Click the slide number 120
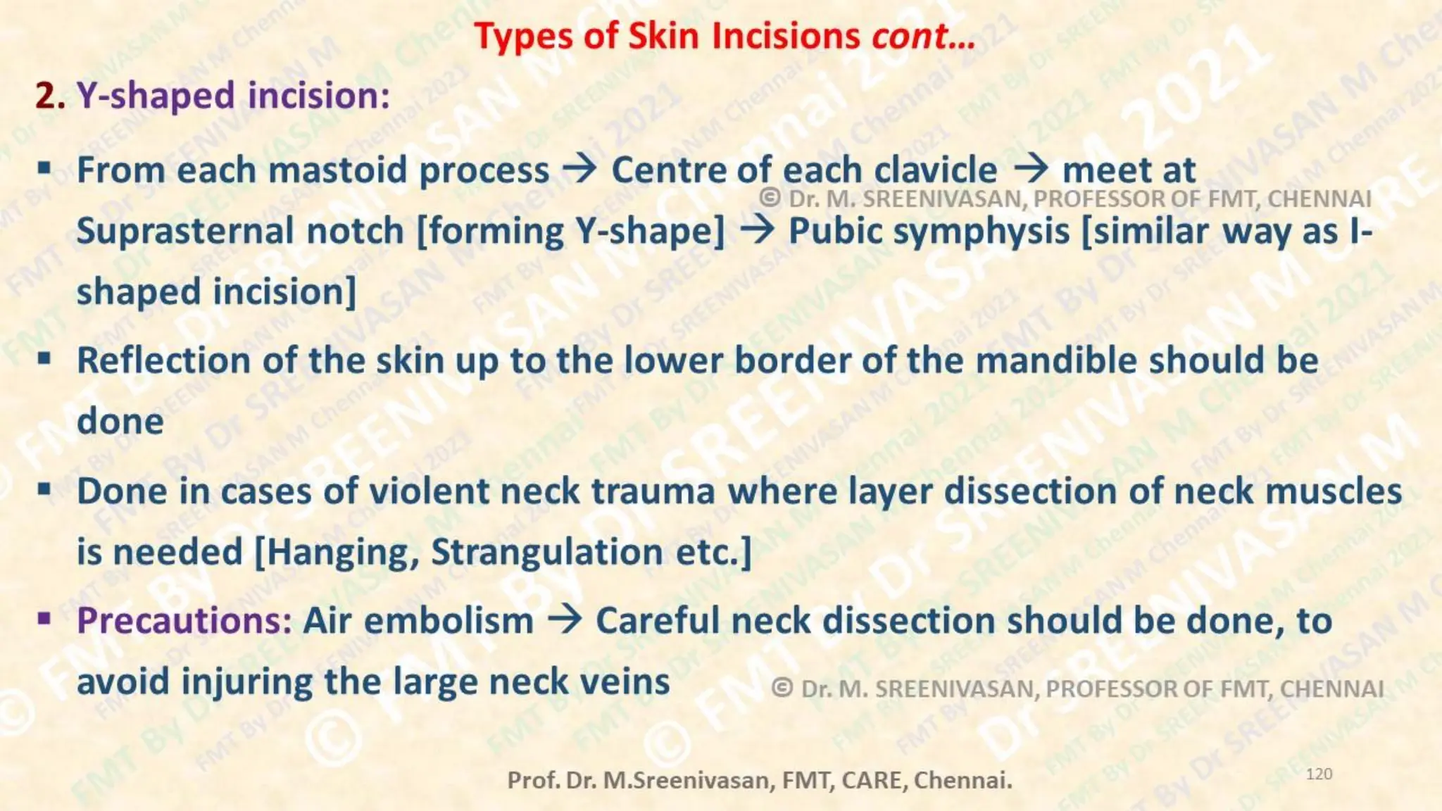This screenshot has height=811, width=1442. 1319,774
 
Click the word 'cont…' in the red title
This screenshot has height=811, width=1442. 923,36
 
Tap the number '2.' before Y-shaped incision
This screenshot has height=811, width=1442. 50,95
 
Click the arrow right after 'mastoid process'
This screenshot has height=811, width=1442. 580,169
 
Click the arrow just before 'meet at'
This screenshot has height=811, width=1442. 1031,169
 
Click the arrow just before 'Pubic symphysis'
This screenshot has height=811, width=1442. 757,230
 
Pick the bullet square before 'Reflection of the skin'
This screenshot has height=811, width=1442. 45,359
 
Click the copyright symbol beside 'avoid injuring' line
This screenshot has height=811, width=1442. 782,688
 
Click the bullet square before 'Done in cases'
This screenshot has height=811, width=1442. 45,490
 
